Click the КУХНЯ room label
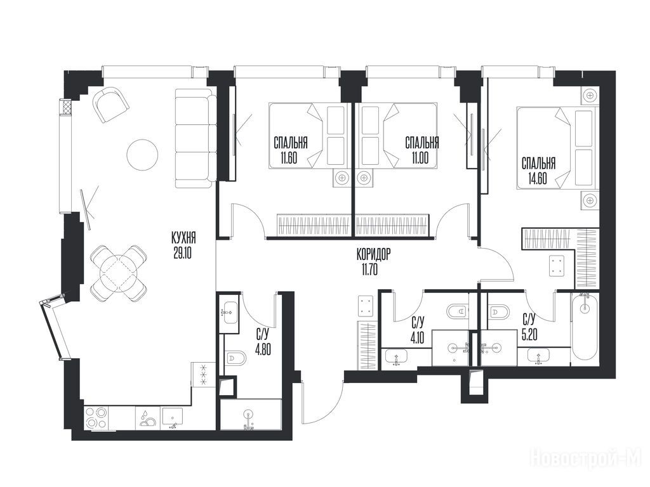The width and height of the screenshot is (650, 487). click(x=183, y=238)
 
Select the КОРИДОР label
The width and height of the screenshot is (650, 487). click(x=373, y=254)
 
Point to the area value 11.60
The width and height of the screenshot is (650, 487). click(x=289, y=158)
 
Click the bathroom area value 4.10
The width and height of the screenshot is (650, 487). click(x=418, y=334)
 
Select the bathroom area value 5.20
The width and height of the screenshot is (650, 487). click(x=529, y=334)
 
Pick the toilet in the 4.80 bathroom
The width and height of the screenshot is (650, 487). click(x=235, y=356)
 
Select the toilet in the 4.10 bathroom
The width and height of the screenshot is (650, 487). click(x=458, y=311)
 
